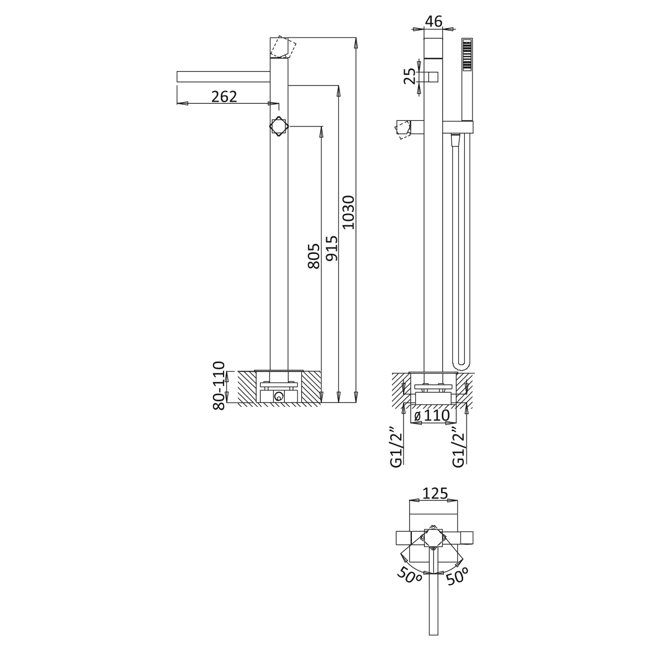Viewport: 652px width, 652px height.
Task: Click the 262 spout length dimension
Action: click(x=224, y=97)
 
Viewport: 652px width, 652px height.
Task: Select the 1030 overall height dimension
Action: click(x=348, y=212)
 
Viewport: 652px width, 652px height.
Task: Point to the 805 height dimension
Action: click(x=314, y=256)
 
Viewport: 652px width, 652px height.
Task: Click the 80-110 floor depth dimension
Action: click(x=219, y=385)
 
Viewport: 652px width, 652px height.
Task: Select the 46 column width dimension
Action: click(x=434, y=21)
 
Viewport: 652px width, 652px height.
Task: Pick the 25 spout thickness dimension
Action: click(x=410, y=77)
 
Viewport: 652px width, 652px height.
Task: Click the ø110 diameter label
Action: click(x=432, y=415)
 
